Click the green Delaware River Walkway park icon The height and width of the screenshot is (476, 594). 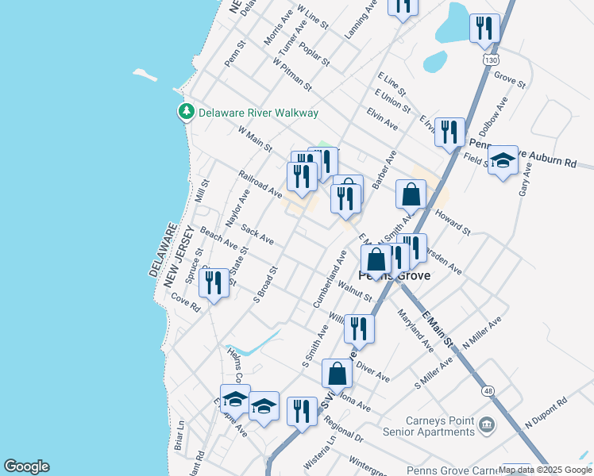tap(187, 113)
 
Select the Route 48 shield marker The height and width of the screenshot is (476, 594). tap(487, 390)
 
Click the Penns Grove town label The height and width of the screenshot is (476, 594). tap(394, 276)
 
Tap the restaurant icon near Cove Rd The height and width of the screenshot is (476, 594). tap(214, 283)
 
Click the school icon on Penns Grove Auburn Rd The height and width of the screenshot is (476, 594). tap(503, 161)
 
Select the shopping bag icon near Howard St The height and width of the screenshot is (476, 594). tap(411, 194)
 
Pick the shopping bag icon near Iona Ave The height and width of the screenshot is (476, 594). tap(337, 374)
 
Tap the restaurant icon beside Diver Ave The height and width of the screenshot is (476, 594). tap(359, 328)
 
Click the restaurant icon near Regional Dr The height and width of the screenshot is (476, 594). tap(302, 412)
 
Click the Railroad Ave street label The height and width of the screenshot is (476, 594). tap(260, 183)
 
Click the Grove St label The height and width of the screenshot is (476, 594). tap(510, 79)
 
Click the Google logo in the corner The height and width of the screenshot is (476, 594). tap(26, 466)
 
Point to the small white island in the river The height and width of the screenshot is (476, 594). tap(145, 75)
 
